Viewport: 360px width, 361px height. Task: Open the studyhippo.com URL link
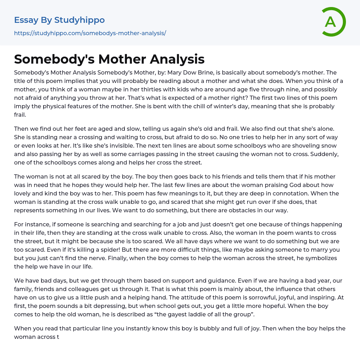[90, 33]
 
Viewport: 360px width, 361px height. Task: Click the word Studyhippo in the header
[79, 20]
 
